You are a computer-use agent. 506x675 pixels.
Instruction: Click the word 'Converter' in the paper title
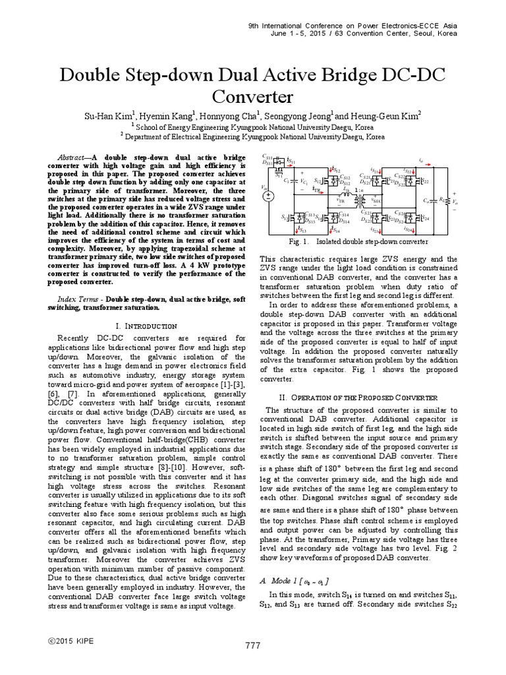(x=252, y=97)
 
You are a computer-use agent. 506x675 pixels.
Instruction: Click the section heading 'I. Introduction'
(x=146, y=326)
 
